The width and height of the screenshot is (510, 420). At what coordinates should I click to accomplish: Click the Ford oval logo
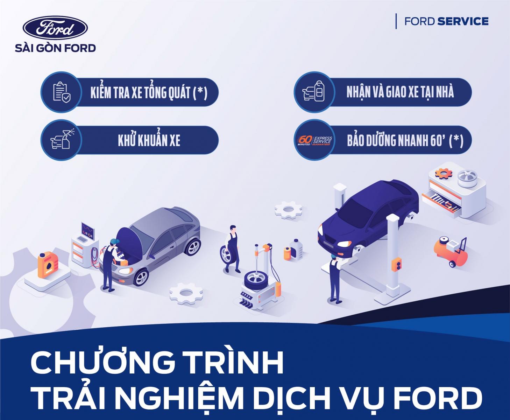55,27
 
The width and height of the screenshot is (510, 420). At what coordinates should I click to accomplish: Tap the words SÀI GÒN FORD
55,48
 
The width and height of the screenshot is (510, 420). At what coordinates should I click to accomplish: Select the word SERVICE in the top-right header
463,22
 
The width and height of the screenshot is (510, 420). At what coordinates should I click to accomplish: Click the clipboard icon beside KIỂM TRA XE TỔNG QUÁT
62,92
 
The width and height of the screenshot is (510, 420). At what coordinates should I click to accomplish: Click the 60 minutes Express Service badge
314,141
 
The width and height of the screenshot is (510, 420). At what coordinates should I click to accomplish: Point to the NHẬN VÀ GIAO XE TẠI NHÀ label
400,92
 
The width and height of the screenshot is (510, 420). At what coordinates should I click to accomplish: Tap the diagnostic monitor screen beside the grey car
87,231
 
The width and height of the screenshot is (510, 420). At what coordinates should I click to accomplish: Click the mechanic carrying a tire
231,249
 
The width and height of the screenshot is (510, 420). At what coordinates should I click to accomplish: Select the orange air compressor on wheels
450,252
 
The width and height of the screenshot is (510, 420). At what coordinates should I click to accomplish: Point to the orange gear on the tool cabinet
444,174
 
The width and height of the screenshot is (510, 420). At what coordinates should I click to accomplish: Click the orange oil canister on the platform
48,265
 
